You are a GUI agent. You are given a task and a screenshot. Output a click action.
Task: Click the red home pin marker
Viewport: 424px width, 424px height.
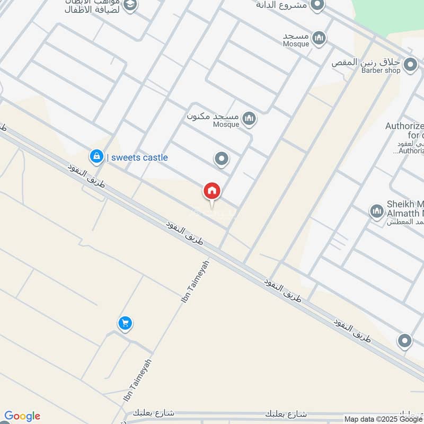pos(212,191)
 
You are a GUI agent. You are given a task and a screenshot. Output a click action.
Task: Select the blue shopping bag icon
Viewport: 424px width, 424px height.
pos(96,156)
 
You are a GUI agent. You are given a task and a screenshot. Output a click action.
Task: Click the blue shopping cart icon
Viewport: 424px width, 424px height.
pos(125,323)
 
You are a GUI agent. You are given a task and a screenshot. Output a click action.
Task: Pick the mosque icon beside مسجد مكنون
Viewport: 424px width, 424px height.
pos(249,119)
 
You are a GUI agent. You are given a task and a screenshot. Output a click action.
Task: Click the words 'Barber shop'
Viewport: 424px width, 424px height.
pos(381,70)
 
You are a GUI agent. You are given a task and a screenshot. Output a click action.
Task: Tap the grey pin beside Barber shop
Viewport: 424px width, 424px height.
pos(410,65)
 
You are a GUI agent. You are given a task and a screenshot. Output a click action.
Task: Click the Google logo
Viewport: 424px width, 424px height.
pos(22,416)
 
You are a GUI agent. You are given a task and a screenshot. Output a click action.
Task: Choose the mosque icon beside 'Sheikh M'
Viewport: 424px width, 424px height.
pos(377,211)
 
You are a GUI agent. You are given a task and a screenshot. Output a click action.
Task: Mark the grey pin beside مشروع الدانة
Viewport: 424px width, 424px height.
pos(317,5)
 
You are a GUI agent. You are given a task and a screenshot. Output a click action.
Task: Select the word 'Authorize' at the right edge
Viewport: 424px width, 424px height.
pos(404,126)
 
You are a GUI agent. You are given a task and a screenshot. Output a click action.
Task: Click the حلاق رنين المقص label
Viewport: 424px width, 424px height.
pos(366,61)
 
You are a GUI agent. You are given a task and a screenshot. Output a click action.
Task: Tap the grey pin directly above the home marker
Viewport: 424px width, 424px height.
pos(221,158)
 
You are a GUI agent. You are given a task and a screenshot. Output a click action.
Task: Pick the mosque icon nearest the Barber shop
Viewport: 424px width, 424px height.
pos(319,38)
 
